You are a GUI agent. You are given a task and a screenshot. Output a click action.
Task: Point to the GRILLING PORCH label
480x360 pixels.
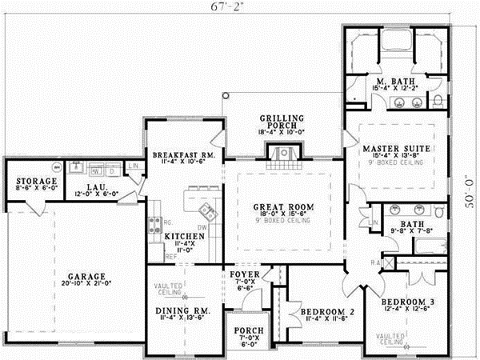click(x=282, y=119)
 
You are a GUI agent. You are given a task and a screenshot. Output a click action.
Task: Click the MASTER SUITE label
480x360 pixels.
click(x=396, y=150)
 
